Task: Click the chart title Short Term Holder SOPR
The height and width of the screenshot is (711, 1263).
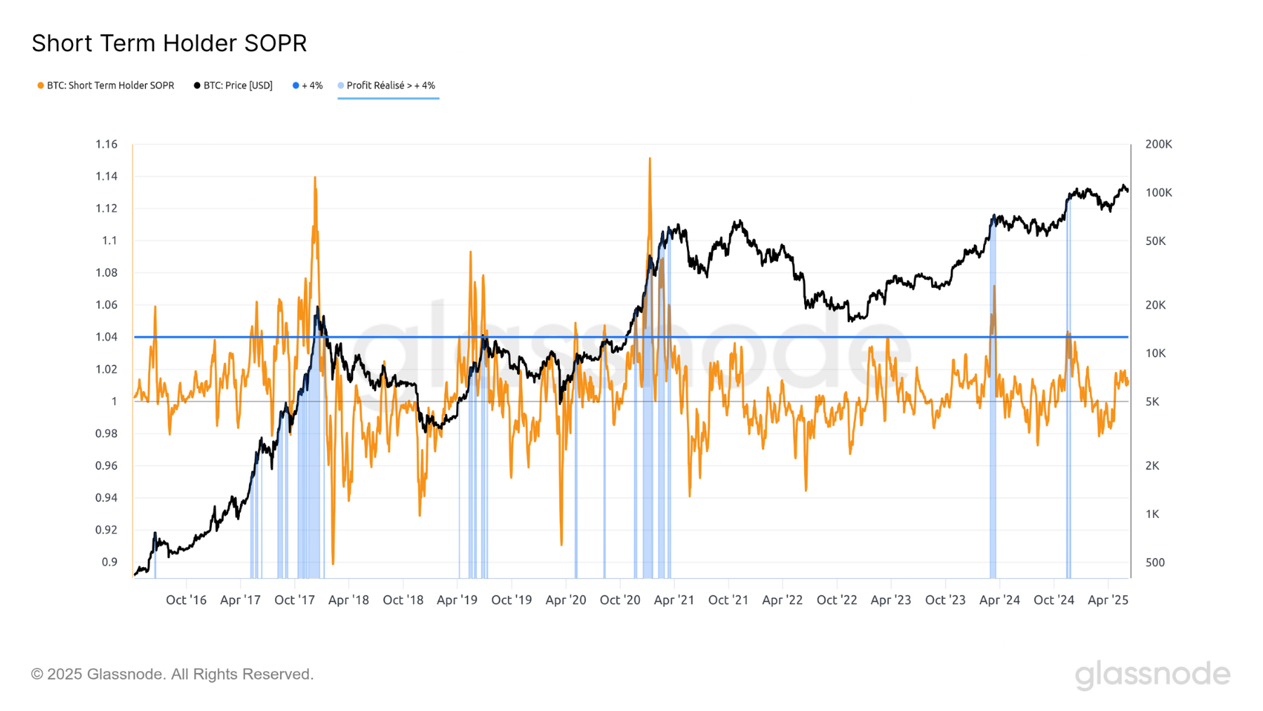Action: coord(169,44)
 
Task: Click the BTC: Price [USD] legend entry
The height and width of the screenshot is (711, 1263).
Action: coord(234,86)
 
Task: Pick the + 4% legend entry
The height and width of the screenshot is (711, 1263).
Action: coord(308,86)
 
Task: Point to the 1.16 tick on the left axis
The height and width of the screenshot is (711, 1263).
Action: coord(107,145)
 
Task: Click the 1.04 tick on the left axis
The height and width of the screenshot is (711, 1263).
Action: coord(107,337)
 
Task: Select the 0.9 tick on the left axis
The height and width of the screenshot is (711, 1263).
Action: coord(109,562)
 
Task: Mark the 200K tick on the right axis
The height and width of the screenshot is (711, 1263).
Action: coord(1158,145)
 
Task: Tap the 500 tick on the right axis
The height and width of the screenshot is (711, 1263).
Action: coord(1155,562)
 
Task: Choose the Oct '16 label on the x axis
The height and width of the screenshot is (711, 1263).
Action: coord(186,600)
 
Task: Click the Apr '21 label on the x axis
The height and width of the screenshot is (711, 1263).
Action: coord(674,600)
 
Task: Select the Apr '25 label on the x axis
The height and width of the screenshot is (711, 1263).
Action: coord(1107,600)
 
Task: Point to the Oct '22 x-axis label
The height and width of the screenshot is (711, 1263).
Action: coord(836,600)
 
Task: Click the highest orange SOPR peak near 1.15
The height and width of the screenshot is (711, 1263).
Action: coord(650,159)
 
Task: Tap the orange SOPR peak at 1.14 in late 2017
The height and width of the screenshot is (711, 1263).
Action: coord(315,178)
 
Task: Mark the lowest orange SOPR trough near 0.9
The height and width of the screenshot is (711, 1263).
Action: coord(333,562)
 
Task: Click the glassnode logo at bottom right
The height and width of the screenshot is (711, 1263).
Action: coord(1152,675)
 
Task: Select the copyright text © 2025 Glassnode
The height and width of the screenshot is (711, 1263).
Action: coord(172,675)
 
